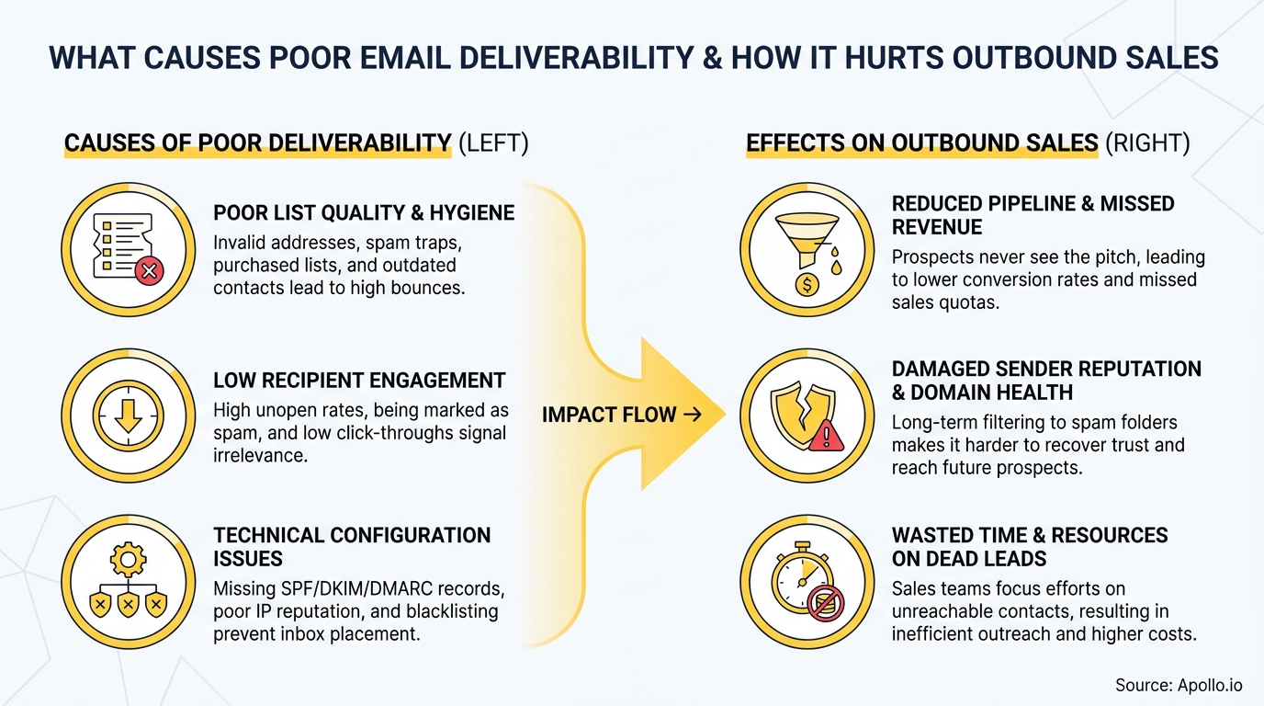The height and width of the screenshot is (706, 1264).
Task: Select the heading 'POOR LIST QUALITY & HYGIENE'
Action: (x=364, y=213)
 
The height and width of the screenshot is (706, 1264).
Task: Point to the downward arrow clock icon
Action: (x=128, y=415)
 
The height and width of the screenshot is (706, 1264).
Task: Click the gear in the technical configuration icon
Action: (x=128, y=560)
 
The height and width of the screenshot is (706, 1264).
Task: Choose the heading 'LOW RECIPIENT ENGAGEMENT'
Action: (x=359, y=381)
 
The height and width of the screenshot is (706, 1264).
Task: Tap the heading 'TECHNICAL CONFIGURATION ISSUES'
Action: (x=352, y=547)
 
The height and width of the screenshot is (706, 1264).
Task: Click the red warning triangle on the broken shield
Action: (x=827, y=434)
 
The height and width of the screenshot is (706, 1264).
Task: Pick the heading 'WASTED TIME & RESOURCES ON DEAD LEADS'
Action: (x=1029, y=547)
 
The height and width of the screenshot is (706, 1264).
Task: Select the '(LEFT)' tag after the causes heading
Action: (x=492, y=143)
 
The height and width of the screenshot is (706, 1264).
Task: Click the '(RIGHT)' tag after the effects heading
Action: (x=1147, y=143)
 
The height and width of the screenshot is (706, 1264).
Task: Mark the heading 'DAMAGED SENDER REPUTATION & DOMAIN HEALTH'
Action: (x=1045, y=381)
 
